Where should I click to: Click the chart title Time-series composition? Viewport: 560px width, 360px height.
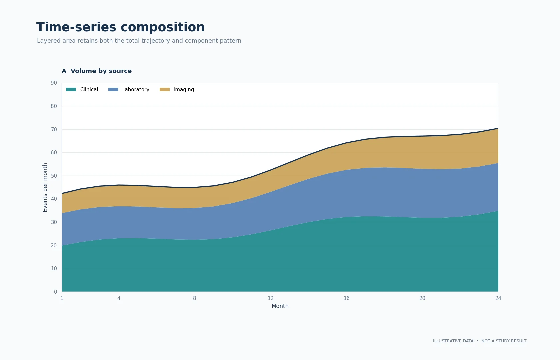coord(121,27)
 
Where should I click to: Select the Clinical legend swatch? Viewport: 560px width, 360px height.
coord(71,89)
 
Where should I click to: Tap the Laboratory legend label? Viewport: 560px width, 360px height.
coord(136,89)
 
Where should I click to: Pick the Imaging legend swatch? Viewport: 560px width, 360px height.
coord(165,89)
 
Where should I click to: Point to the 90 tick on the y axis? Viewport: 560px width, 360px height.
coord(54,83)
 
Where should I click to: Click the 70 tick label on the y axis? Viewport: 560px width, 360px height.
coord(54,129)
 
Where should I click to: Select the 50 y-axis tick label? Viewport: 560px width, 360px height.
coord(54,176)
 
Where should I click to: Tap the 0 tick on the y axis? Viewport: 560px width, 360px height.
coord(55,292)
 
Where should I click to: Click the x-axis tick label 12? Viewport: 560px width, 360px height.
coord(271,298)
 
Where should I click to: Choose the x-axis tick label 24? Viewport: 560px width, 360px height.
coord(498,298)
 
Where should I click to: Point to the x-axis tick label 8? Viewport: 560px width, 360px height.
coord(195,298)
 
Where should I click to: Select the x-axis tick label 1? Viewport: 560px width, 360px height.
coord(62,298)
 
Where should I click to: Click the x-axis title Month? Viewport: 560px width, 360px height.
coord(280,306)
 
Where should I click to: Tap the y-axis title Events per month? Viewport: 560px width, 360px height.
coord(45,187)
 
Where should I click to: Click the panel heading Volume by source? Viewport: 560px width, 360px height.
coord(101,71)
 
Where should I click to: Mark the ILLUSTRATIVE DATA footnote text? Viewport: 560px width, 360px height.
coord(453,341)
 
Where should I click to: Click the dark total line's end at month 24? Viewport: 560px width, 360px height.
coord(498,128)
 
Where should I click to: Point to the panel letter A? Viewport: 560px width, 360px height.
coord(64,71)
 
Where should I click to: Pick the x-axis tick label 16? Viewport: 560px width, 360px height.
coord(347,298)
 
